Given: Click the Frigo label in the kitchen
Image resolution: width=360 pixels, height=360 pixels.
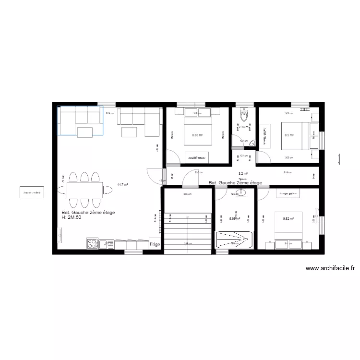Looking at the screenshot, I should tap(155, 244).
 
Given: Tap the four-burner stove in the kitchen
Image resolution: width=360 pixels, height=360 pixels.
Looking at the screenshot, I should tap(92, 244).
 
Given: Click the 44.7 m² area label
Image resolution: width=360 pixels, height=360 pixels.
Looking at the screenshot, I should tap(122, 184).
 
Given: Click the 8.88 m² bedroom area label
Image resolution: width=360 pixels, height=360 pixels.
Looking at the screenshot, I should tap(197, 135).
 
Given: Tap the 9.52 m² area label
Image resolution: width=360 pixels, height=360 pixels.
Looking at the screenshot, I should tap(288, 218).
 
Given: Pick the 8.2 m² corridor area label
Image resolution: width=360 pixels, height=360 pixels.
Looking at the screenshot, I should tap(243, 174).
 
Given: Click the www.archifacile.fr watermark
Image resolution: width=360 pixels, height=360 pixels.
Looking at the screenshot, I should tap(329, 269).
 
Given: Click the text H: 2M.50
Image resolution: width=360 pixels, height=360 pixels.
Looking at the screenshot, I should tap(74, 217).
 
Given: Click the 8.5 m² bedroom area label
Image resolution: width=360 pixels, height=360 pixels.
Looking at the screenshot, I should tap(288, 135).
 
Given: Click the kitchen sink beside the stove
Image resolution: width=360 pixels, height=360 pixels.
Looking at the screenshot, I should tap(108, 244).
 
